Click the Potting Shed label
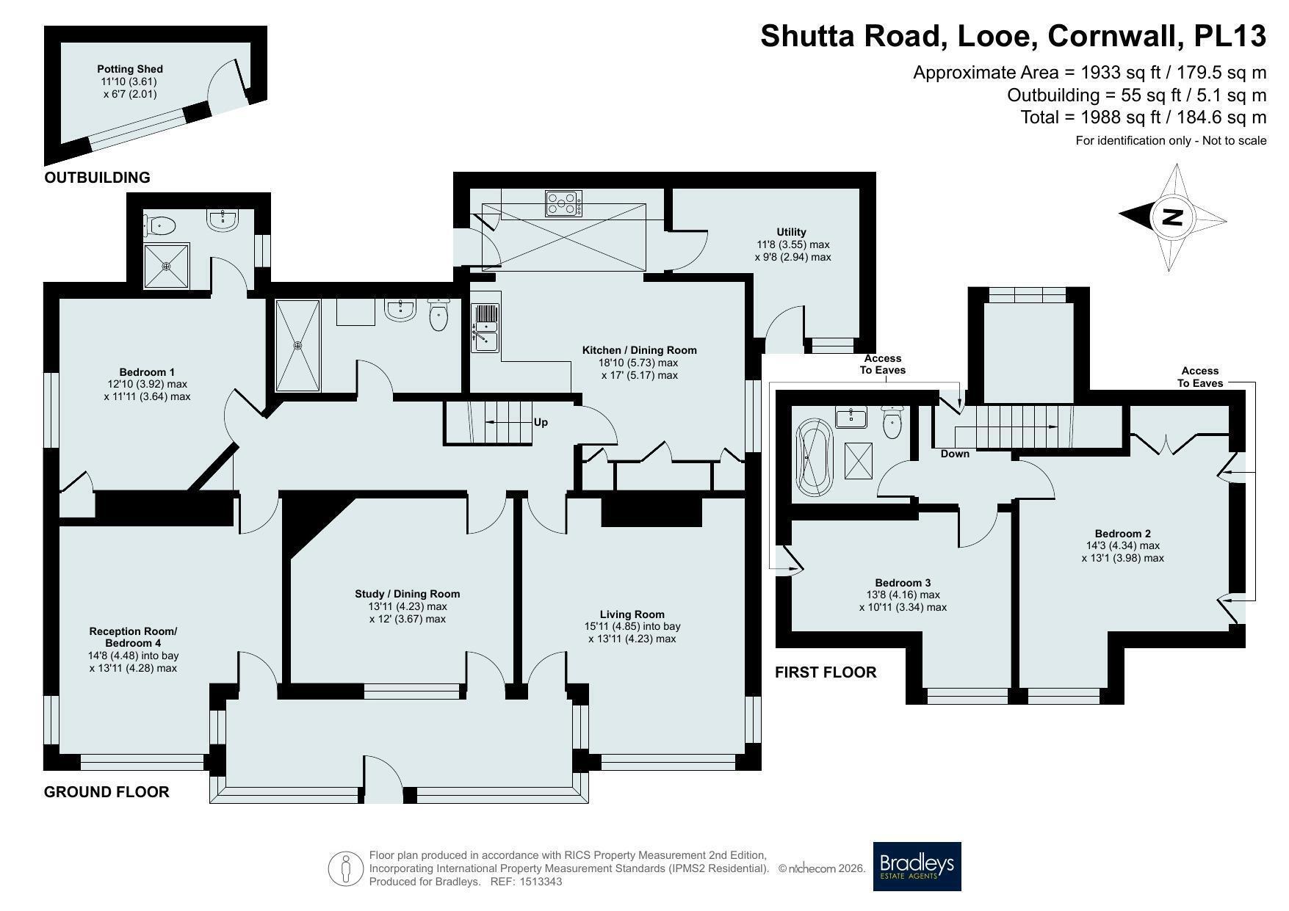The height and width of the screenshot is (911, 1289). point(130,69)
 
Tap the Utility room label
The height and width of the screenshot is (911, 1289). point(792,232)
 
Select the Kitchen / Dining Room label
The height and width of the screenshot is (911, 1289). point(639,350)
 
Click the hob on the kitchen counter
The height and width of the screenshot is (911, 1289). point(563,203)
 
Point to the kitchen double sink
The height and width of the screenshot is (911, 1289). point(485,328)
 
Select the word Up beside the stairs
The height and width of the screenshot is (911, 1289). point(541,422)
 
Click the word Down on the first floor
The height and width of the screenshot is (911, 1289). point(955,454)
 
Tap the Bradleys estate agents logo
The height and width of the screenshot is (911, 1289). point(917,866)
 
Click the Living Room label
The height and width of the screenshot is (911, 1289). point(632,614)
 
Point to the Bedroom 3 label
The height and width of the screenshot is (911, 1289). point(903,583)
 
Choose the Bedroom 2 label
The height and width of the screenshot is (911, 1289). point(1122,534)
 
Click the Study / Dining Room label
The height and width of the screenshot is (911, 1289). point(408,594)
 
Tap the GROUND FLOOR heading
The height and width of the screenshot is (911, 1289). point(106,792)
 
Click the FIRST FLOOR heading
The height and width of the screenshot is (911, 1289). point(826,672)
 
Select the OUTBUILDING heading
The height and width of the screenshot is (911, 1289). point(97,178)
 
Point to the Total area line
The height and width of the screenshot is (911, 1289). point(1144,117)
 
